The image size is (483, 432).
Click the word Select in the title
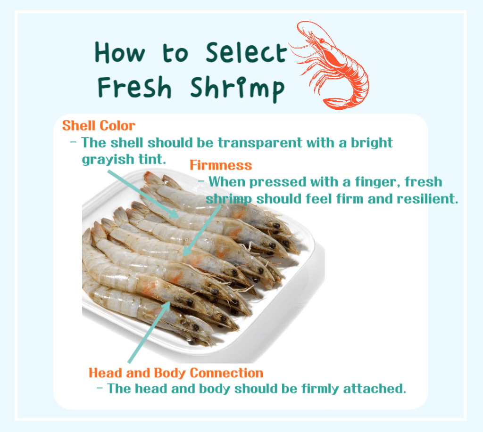tap(246, 53)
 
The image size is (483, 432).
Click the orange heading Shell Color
tap(99, 126)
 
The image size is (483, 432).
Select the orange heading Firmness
tap(221, 165)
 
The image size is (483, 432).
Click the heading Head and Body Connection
tap(176, 373)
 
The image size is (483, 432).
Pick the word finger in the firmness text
tap(371, 181)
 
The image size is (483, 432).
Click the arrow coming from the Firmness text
tap(201, 231)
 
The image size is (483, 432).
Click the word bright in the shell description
tap(370, 142)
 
